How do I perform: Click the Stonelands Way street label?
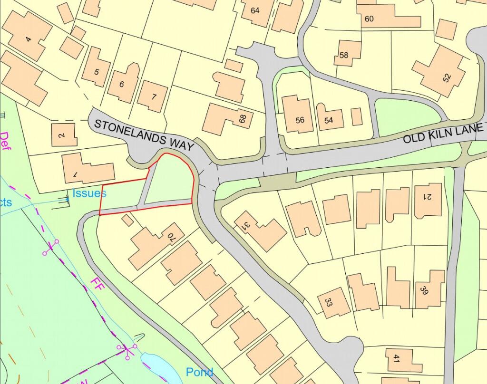(x=144, y=135)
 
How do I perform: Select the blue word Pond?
(x=199, y=372)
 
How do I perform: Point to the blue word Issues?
(x=89, y=193)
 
